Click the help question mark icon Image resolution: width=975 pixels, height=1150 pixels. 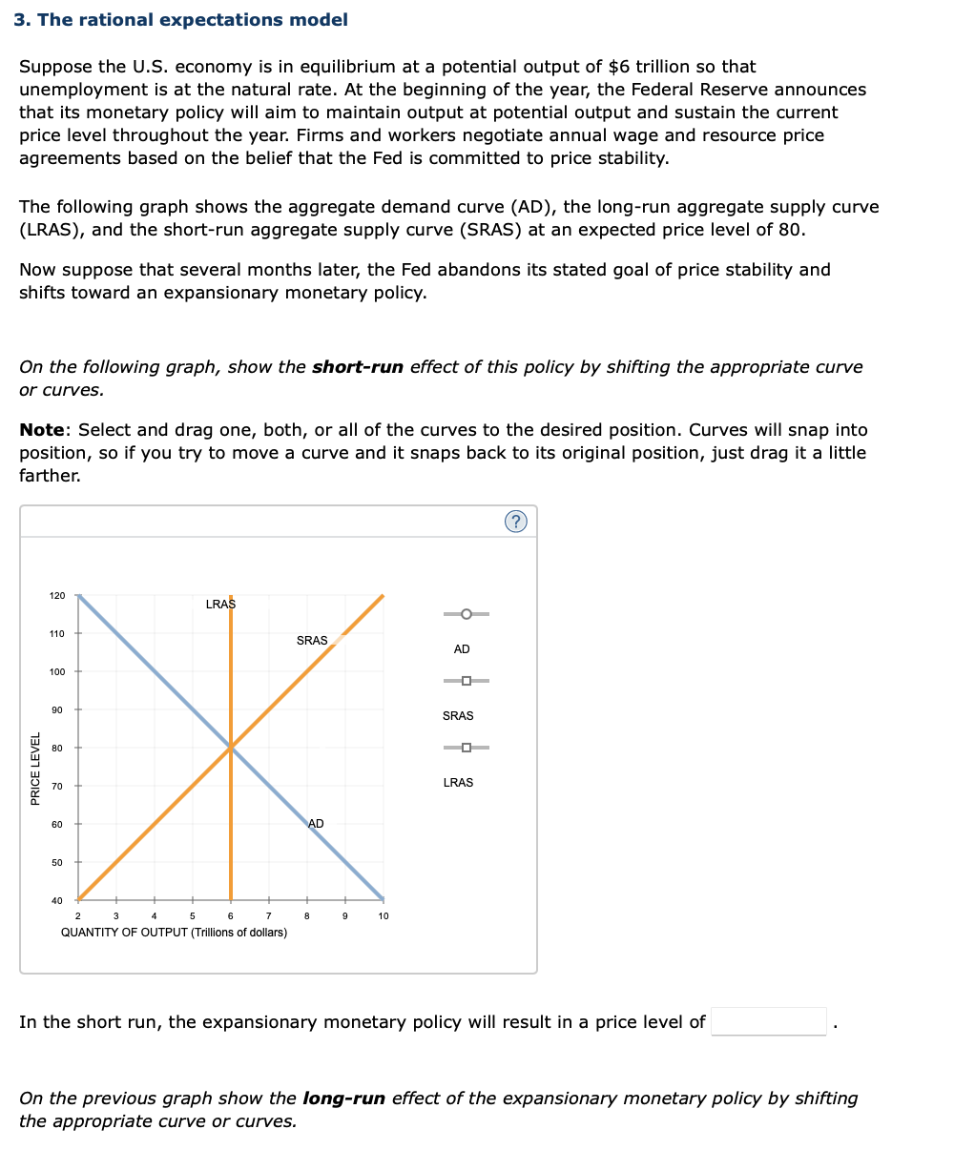[515, 521]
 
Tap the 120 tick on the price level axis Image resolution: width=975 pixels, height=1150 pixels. [58, 596]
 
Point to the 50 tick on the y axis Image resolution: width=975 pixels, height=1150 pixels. [58, 863]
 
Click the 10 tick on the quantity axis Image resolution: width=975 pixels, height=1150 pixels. [384, 916]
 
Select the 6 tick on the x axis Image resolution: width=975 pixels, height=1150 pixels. [231, 916]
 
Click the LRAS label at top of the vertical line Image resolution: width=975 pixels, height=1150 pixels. [220, 604]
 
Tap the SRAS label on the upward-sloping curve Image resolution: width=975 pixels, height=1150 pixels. [312, 641]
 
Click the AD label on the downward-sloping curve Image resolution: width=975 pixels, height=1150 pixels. [316, 824]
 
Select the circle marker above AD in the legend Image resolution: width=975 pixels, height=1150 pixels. [466, 613]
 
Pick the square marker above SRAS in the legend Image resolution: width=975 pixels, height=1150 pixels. [466, 680]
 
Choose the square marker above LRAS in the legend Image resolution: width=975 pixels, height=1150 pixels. [466, 747]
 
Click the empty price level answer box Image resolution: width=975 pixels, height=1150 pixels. [769, 1021]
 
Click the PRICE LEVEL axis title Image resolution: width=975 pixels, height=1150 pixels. [35, 769]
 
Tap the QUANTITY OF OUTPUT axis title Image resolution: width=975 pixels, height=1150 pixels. [174, 933]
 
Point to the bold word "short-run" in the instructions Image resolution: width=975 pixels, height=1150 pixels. [358, 367]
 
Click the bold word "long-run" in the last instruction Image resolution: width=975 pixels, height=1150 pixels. [343, 1099]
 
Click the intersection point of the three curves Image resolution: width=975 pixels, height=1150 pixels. [231, 748]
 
